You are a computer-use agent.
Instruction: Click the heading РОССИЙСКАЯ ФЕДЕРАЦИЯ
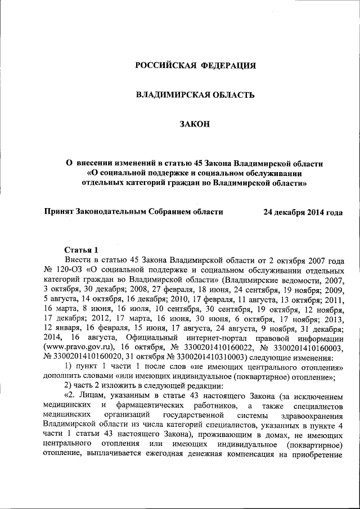[196, 66]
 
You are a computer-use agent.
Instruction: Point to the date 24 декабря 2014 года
[303, 212]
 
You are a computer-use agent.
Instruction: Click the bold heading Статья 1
[82, 250]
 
